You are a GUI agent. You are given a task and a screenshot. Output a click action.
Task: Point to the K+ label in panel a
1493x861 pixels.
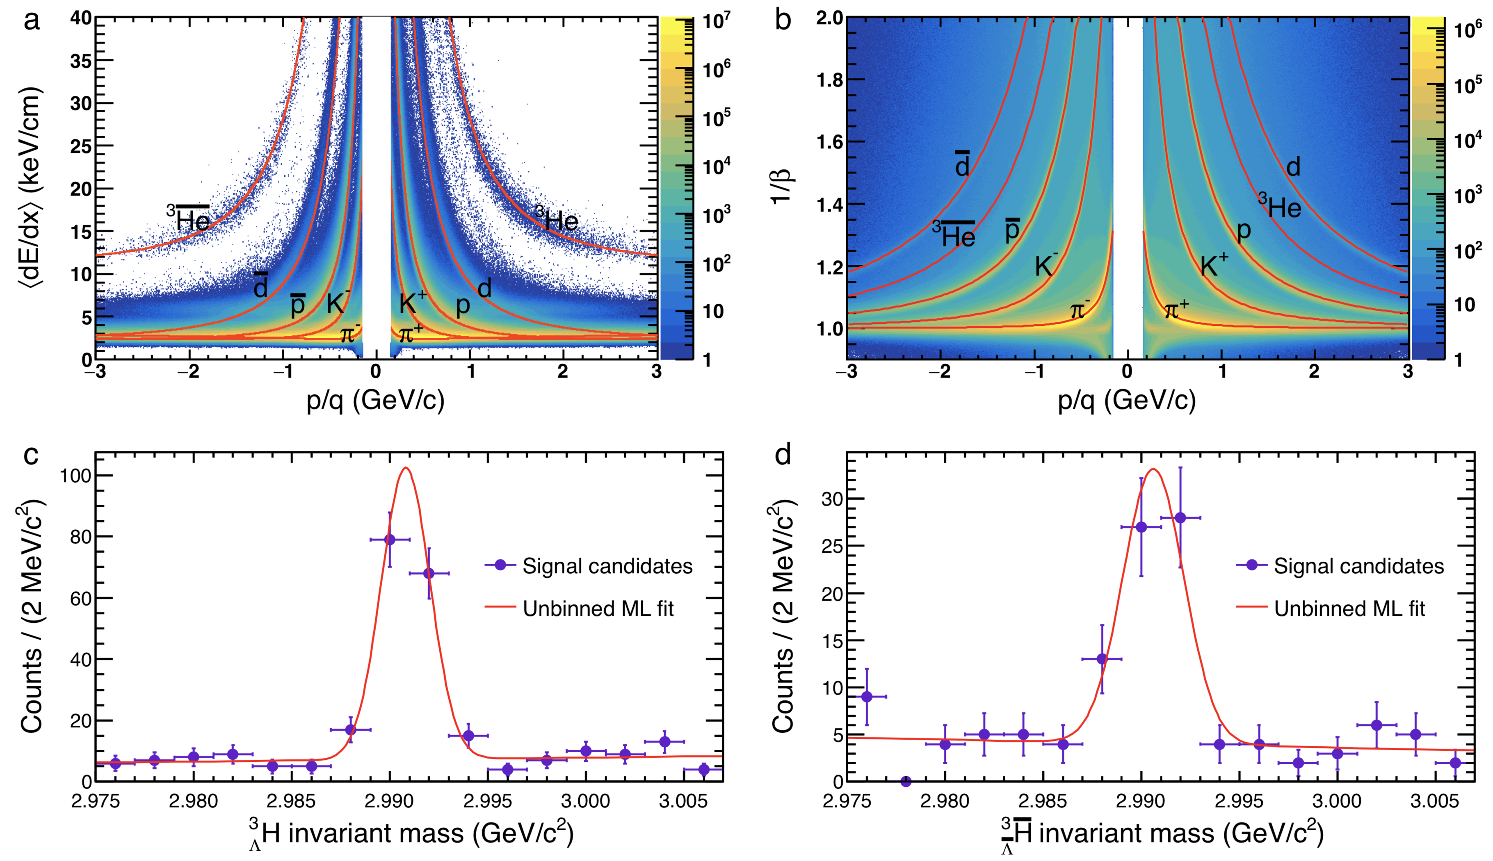(412, 302)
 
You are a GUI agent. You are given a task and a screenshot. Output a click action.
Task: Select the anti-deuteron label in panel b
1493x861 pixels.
(962, 165)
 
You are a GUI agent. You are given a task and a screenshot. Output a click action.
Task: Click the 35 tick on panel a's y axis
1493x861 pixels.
(81, 61)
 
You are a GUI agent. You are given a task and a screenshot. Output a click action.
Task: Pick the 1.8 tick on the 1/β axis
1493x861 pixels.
(829, 80)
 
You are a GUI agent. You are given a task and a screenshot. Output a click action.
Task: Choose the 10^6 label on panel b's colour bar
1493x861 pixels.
(1468, 28)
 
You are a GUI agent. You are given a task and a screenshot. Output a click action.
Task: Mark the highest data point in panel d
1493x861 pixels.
(1180, 517)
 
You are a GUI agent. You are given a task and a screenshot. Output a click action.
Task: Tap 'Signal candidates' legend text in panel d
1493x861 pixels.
(1359, 566)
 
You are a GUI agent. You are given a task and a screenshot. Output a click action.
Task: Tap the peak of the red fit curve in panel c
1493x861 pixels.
(406, 468)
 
